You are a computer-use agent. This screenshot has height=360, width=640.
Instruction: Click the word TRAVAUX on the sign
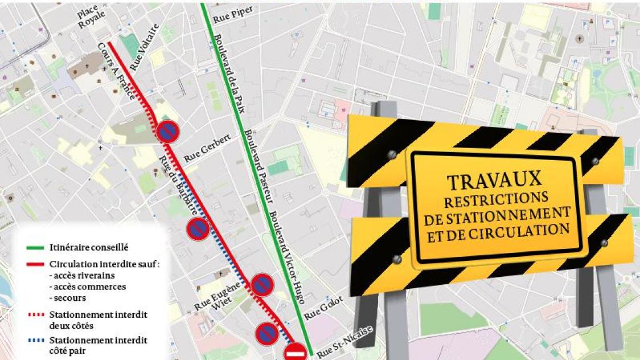click(494, 181)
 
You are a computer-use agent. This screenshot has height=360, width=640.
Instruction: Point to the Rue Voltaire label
click(143, 51)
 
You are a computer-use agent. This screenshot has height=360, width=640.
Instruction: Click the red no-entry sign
click(296, 353)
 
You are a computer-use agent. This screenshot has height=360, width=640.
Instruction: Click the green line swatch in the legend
click(36, 248)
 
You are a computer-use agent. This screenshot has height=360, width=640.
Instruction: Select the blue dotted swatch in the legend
click(36, 341)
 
